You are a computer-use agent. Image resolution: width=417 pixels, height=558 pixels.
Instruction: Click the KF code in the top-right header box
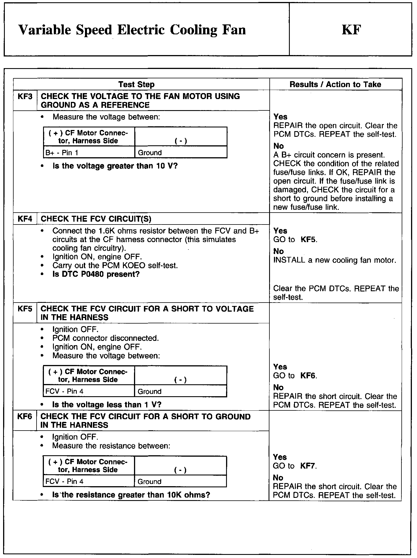(351, 30)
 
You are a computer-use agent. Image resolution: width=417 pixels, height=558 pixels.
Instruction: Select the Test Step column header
(136, 84)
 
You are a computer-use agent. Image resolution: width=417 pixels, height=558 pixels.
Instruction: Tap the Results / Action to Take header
(335, 84)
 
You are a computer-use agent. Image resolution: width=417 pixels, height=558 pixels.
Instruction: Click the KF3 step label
(25, 97)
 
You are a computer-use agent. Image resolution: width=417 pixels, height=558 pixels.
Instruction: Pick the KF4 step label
(25, 219)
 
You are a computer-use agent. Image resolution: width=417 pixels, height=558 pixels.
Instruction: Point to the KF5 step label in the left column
(25, 309)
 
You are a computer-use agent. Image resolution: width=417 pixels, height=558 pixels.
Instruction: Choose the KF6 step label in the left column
(25, 416)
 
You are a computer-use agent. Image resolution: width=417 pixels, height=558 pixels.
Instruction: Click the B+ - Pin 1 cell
(62, 153)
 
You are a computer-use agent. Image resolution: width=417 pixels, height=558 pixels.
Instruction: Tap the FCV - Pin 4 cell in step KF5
(64, 391)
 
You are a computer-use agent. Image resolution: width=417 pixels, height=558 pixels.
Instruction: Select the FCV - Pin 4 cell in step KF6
(64, 481)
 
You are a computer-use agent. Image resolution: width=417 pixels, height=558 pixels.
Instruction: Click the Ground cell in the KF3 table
(150, 153)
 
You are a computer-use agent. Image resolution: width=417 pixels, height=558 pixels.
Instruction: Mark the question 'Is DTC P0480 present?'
(96, 274)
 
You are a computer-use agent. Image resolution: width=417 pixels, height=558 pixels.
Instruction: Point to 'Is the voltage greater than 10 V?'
(115, 166)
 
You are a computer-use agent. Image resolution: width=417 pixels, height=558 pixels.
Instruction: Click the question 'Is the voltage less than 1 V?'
(107, 404)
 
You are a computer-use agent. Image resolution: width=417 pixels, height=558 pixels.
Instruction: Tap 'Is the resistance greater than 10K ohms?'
(131, 495)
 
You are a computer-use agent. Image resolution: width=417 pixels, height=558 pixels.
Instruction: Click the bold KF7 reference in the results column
(308, 466)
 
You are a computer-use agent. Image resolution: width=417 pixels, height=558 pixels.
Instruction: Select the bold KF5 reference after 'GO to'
(309, 240)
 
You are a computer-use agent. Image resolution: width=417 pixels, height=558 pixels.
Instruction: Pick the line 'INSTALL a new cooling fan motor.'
(335, 260)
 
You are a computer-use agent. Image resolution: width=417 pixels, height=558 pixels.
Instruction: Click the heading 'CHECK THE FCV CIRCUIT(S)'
(96, 219)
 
